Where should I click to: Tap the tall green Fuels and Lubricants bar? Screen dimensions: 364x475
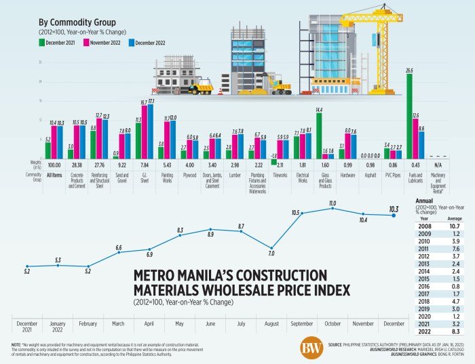409,115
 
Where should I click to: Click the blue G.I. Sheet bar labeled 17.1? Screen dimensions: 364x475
150,131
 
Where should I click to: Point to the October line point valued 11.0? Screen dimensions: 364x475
332,209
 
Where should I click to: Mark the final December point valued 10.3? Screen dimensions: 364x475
394,216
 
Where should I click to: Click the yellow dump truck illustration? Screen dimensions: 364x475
201,86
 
